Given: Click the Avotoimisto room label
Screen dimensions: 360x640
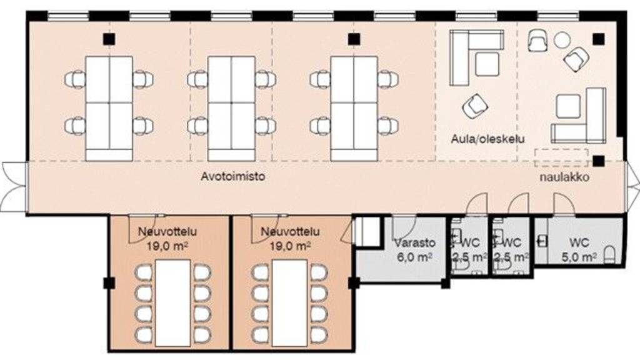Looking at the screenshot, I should pos(232,177).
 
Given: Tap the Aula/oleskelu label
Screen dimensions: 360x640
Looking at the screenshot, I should pos(488,138).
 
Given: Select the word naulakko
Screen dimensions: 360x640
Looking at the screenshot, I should pos(565,177).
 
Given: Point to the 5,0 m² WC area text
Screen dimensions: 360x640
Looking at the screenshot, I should pos(579,256).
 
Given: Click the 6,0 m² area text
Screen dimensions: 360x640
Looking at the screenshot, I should pos(414,256).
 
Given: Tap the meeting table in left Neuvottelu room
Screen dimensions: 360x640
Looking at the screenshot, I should pos(171,302).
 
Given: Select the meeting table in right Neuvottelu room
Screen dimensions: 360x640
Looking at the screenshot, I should pos(289,302).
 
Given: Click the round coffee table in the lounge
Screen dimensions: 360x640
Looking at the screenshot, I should pos(562,41).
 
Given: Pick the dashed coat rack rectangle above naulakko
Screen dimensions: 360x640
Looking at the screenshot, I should pos(561,157).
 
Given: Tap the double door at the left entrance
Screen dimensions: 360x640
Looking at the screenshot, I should pos(12,186).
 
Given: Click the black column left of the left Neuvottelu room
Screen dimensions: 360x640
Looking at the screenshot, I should pos(109,282).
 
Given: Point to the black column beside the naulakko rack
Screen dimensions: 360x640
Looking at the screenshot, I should pos(599,161).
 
